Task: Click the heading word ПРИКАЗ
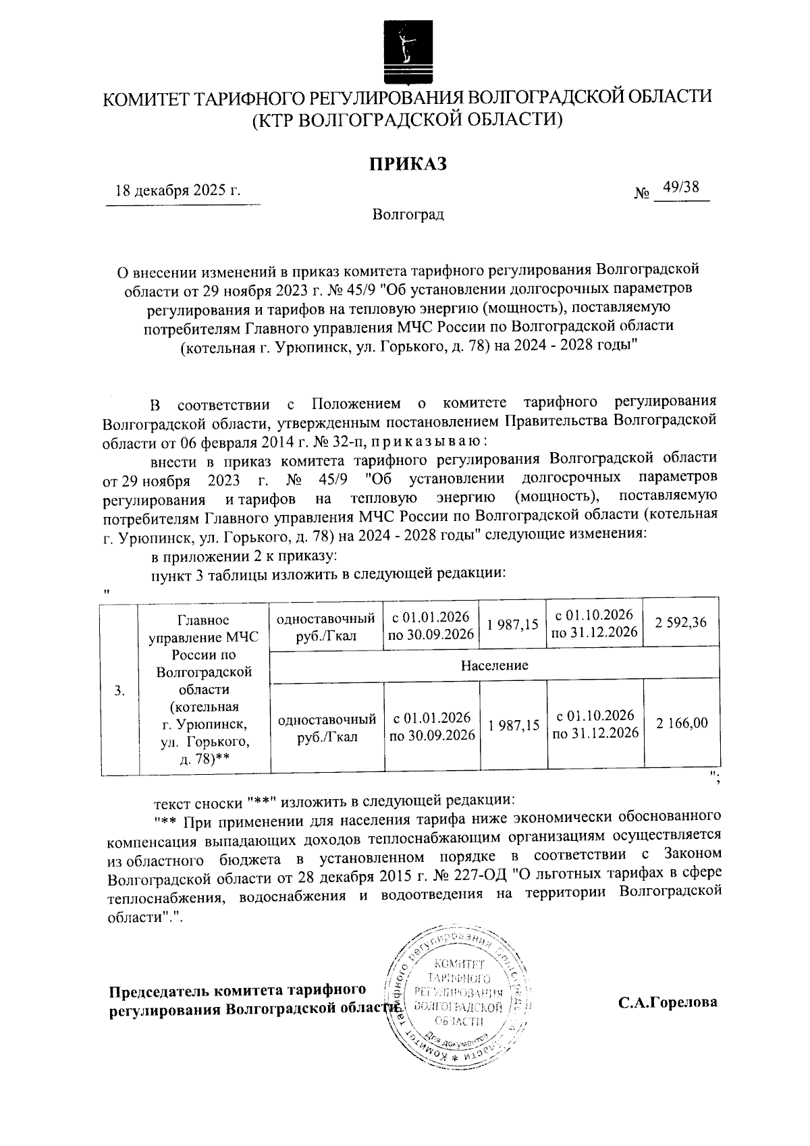coord(407,164)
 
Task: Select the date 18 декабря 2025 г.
coord(178,190)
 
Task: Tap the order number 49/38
coord(680,188)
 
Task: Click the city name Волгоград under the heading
coord(408,215)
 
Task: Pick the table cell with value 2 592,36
coord(680,623)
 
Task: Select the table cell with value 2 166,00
coord(682,724)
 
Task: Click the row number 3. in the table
coord(119,690)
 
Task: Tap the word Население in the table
coord(494,665)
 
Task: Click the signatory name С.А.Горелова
coord(668,1002)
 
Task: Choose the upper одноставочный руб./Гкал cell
coord(326,626)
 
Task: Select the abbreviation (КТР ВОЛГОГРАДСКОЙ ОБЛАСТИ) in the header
coord(407,120)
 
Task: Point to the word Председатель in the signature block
coord(159,991)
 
